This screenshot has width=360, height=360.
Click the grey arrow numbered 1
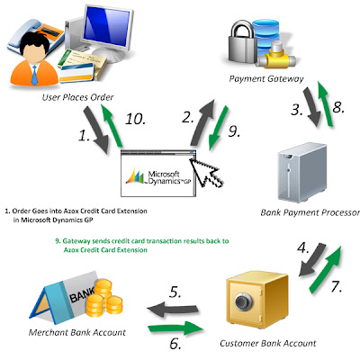96,130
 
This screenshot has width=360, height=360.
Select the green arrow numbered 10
112,125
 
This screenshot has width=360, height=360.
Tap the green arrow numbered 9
219,128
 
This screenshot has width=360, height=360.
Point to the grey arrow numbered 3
312,107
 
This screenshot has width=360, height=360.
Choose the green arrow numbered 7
326,269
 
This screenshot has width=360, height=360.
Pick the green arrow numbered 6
175,328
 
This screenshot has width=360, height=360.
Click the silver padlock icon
243,43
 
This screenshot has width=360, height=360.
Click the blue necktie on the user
34,76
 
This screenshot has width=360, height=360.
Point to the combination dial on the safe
242,302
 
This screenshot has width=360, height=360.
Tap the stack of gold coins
104,298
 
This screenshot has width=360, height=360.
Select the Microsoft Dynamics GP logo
158,176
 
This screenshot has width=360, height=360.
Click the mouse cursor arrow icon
206,173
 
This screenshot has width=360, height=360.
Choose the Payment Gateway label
266,79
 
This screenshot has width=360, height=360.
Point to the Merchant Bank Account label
77,332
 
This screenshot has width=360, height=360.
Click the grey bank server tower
302,173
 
